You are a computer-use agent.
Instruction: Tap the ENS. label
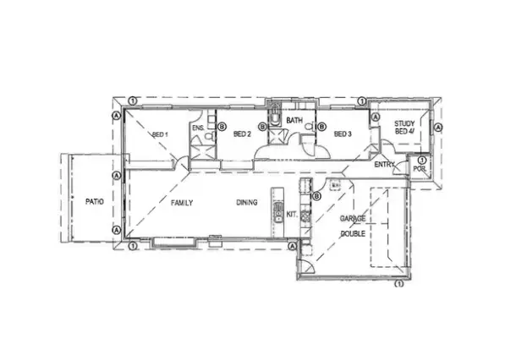tap(197, 128)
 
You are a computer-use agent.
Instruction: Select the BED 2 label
tap(243, 134)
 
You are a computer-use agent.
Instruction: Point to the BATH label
tap(294, 121)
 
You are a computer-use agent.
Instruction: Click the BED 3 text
tap(342, 134)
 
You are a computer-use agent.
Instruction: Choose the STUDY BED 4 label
tap(406, 128)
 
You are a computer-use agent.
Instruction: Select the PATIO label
tap(95, 202)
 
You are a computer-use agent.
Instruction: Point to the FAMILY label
tap(183, 203)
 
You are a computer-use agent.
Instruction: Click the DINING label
tap(247, 203)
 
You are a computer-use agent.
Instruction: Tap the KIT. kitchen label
tap(293, 214)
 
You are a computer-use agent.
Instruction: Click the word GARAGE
tap(353, 219)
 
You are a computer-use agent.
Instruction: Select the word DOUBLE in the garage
tap(353, 233)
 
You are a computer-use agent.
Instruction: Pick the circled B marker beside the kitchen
tap(316, 197)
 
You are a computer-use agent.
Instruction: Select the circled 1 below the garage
tap(398, 285)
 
